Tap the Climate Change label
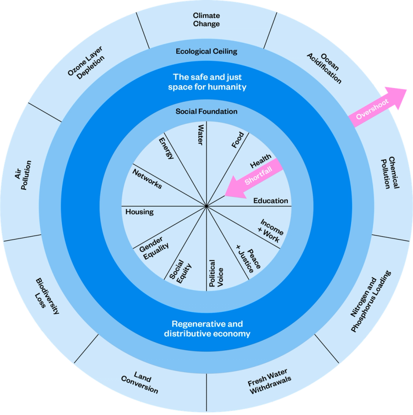point(206,20)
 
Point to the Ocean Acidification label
point(325,67)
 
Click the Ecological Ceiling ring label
point(206,51)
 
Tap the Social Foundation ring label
point(206,111)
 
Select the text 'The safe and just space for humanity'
point(207,82)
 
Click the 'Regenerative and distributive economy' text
point(207,329)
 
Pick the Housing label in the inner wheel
point(140,212)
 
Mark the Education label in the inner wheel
point(271,201)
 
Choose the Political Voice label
point(216,274)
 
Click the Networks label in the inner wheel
point(147,179)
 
